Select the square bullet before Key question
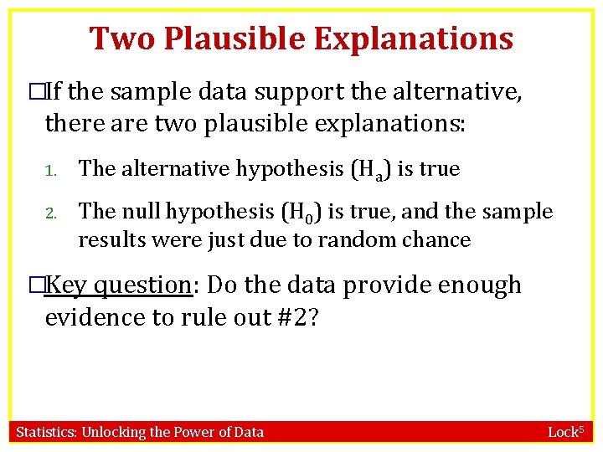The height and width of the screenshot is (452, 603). tap(33, 285)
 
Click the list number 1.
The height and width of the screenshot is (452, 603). tap(49, 171)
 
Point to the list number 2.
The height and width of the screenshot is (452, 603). tap(50, 213)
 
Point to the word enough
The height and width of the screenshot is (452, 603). tap(472, 285)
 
